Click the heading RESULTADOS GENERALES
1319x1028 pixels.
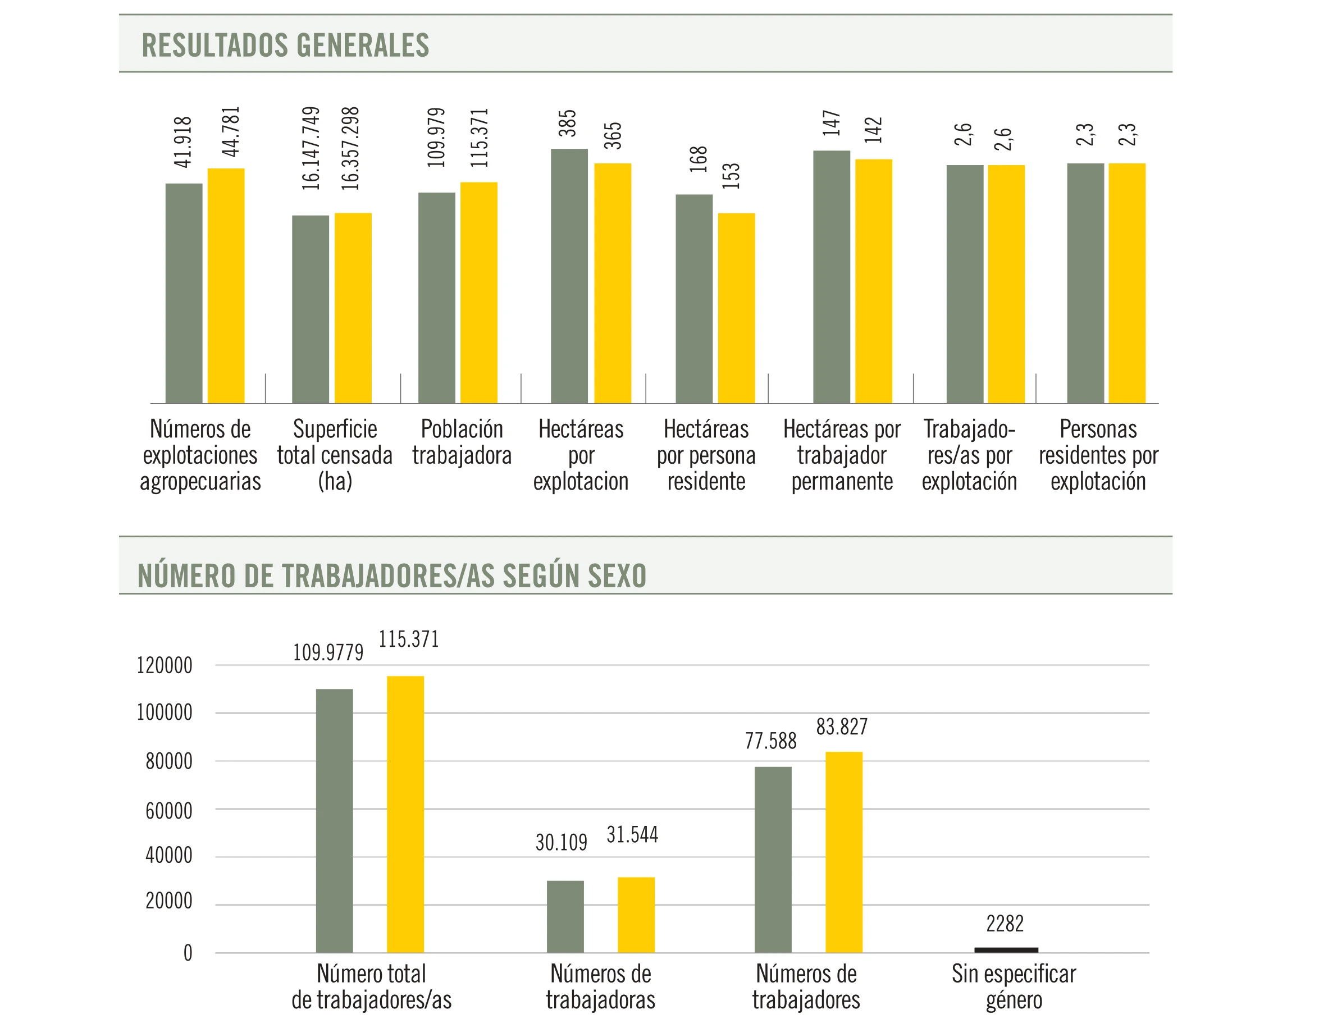[285, 45]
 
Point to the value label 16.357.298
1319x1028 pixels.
[350, 149]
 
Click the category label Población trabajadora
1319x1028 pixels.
[462, 442]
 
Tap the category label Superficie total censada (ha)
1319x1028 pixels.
[335, 455]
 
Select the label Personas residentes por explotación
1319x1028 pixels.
[1098, 455]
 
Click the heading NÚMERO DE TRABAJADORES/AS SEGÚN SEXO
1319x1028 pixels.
[392, 575]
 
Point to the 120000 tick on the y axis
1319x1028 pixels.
[165, 666]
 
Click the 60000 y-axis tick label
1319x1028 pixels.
[168, 811]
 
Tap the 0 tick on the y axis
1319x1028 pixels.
[188, 953]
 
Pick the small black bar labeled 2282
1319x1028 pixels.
[1006, 950]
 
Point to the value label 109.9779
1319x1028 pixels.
[328, 652]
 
